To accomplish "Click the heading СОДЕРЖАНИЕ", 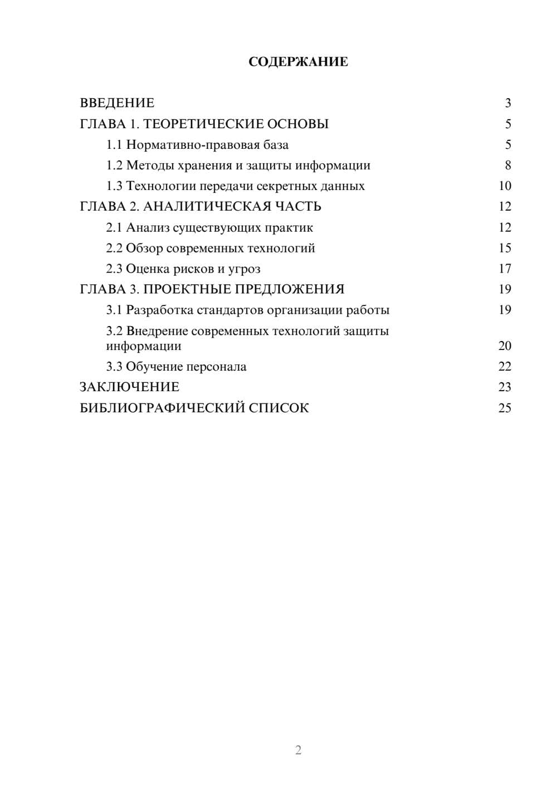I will point(298,62).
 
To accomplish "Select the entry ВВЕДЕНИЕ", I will point(117,103).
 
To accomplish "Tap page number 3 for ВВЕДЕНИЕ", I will point(507,103).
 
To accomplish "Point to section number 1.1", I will point(114,145).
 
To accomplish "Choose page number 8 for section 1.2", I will point(507,166).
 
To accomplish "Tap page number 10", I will point(505,186).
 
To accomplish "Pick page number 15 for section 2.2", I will point(505,248).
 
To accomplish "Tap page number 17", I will point(505,269).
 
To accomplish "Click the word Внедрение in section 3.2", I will point(157,331).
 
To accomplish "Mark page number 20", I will point(505,346).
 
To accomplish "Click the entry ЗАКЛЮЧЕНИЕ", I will point(129,387).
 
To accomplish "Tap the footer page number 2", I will point(298,750).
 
